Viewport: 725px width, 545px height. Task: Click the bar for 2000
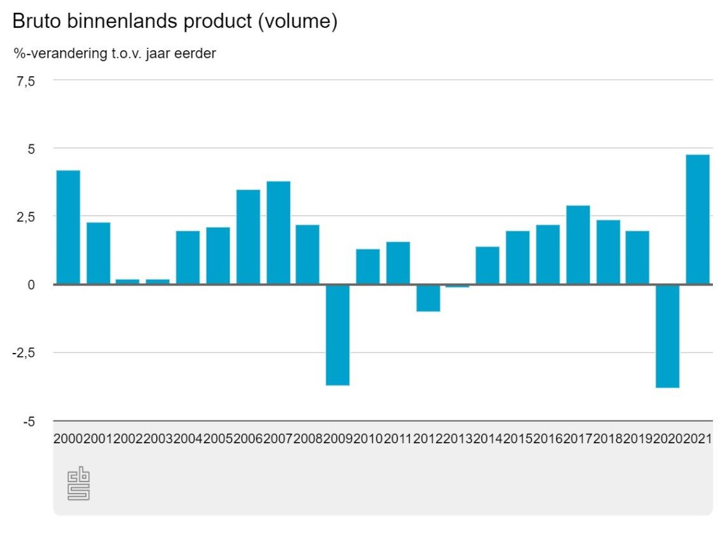coord(68,227)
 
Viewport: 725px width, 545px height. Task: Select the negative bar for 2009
coord(338,335)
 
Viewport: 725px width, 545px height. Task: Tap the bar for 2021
coord(698,219)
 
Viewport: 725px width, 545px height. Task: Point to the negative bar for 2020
coord(668,336)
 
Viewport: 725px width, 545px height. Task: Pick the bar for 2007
coord(278,233)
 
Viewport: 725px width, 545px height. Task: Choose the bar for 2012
coord(427,298)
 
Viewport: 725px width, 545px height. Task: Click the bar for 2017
coord(578,245)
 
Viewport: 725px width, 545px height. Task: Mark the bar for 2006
coord(248,237)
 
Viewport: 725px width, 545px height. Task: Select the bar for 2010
coord(368,266)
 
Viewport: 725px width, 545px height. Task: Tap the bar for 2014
coord(487,265)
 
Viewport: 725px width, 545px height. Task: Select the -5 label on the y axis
coord(30,422)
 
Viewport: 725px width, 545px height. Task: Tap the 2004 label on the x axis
coord(188,439)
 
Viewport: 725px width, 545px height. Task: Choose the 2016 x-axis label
coord(548,439)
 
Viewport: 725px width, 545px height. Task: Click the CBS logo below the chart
coord(79,485)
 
